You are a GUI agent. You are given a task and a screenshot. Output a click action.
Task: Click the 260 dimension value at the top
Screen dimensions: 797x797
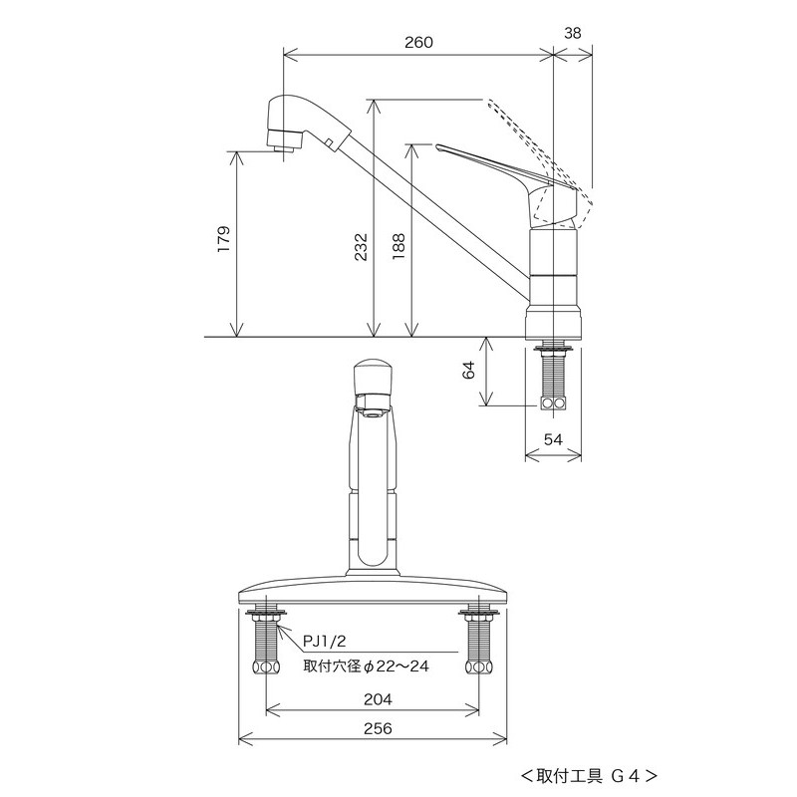point(417,42)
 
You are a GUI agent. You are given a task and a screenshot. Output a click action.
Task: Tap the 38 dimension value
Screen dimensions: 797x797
point(573,32)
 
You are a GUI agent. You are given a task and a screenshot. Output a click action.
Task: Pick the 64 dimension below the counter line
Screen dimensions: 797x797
point(468,372)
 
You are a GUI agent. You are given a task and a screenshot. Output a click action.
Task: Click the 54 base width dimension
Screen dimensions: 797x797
point(553,439)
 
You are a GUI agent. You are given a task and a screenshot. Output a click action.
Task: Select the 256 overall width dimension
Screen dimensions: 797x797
point(376,729)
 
